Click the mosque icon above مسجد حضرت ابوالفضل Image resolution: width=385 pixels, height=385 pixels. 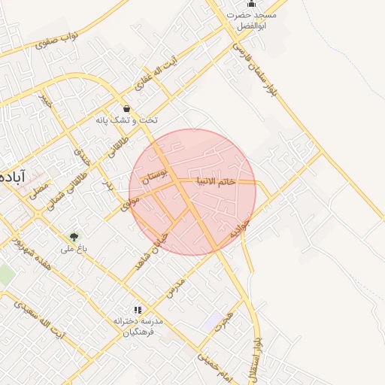(x=251, y=4)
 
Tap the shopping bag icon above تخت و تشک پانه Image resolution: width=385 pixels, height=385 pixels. (x=126, y=108)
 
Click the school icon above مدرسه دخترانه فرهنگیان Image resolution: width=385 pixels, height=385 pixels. (x=137, y=309)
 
